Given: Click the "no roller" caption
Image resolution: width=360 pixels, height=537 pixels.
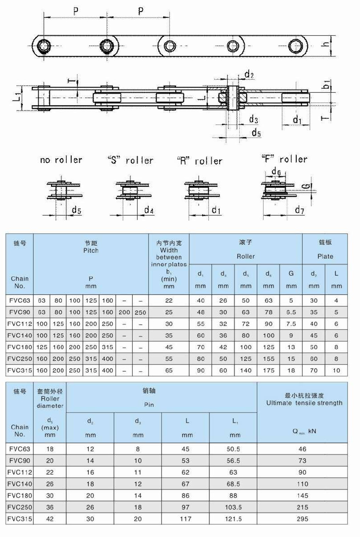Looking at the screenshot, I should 61,160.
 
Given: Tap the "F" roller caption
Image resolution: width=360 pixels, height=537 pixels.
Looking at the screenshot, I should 283,159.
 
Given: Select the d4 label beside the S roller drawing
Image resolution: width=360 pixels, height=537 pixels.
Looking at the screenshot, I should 150,210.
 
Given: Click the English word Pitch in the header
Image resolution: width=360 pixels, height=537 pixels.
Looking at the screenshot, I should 91,250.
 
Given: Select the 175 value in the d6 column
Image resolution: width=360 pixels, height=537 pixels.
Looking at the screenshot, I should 269,370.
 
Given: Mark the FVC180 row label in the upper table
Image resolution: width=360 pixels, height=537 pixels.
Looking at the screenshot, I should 18,347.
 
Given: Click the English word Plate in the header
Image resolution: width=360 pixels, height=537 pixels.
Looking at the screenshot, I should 325,256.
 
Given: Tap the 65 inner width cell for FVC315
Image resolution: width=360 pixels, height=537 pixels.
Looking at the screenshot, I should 169,370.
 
